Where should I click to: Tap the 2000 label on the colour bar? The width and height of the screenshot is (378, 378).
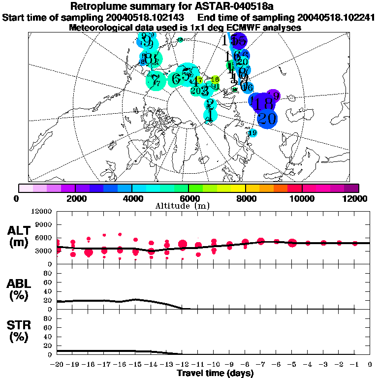point(75,198)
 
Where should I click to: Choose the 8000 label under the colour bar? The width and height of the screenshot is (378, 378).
point(246,198)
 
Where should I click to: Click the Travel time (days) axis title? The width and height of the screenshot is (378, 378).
point(215,374)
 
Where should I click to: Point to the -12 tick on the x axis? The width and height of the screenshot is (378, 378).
point(183,364)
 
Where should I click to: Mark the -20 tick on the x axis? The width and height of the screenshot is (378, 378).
point(58,364)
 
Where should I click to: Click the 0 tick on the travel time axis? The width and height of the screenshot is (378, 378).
point(370,364)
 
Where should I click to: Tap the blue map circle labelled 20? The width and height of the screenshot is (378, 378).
point(267,119)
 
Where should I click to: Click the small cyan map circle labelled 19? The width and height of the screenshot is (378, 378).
point(253,133)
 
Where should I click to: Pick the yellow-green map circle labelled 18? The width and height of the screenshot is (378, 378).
point(215,79)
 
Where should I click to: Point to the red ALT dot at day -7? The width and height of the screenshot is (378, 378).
point(261,241)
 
